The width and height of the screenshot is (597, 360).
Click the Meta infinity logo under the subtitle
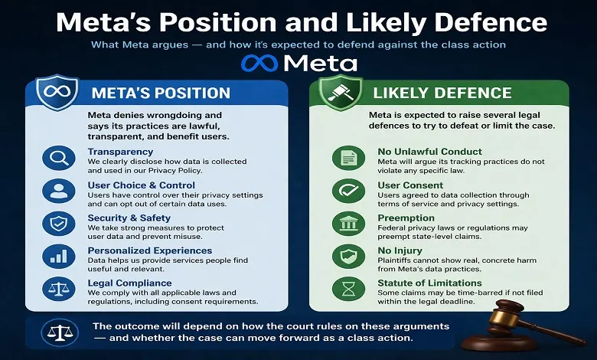click(x=259, y=63)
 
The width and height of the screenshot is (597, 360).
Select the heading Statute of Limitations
click(x=431, y=283)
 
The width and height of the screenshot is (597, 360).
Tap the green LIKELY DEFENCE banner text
click(x=442, y=93)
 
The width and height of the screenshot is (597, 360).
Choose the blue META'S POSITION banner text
click(x=160, y=93)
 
